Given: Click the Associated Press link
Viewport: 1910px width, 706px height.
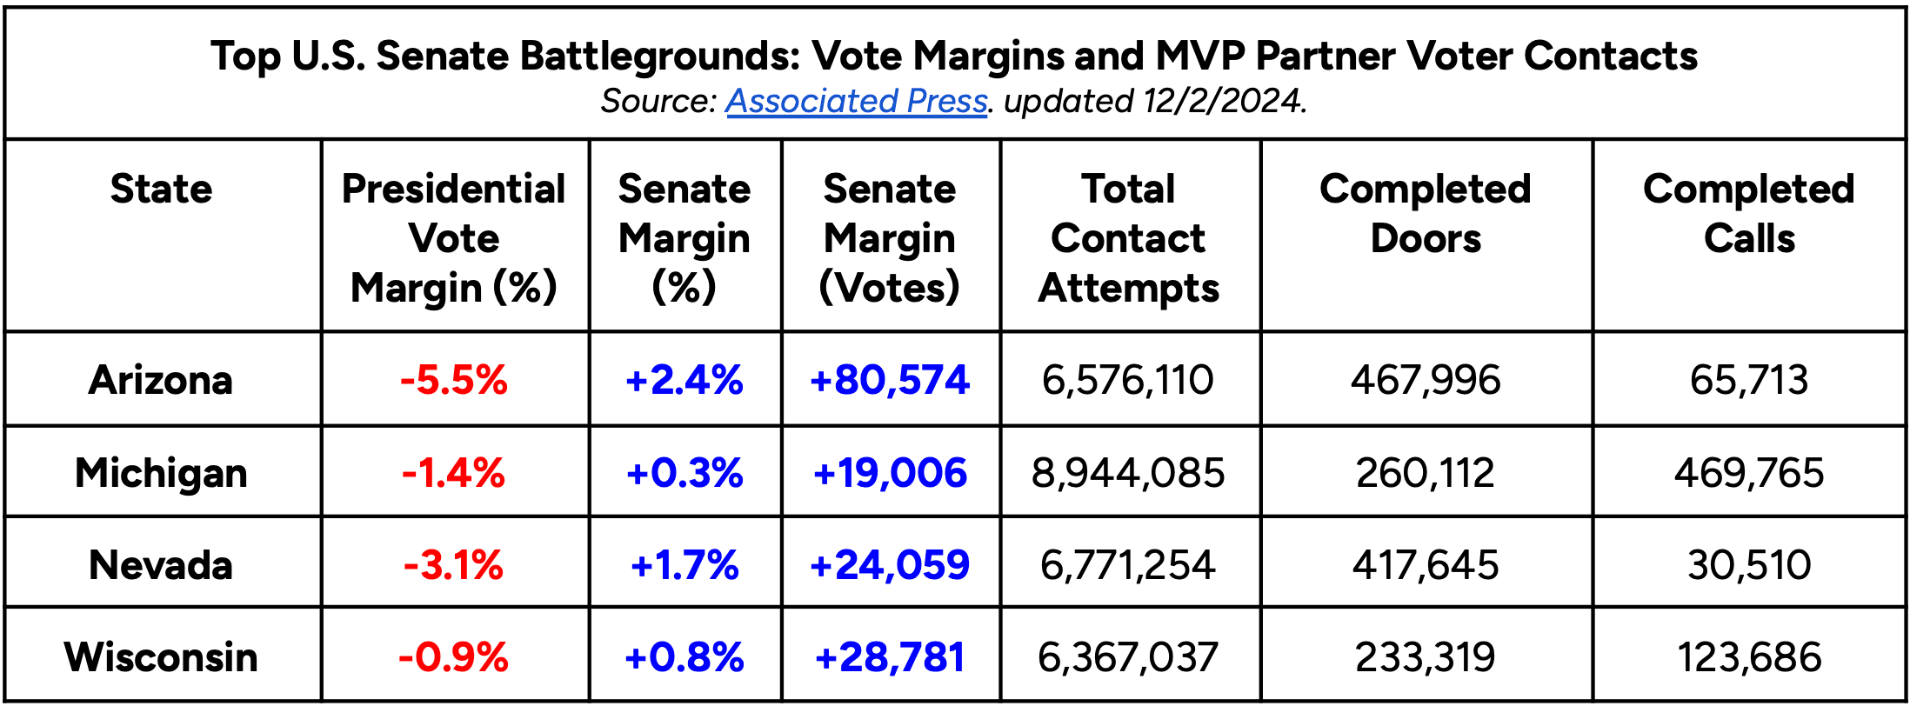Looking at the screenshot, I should click(856, 101).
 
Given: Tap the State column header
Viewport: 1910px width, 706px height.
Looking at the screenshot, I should click(162, 189).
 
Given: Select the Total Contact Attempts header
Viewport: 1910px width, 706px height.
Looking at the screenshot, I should click(1129, 237).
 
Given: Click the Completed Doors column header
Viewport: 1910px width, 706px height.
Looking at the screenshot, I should click(1425, 213).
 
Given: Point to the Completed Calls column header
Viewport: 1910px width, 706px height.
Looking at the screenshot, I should click(1748, 213).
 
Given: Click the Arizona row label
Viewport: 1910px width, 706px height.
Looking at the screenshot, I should click(161, 380).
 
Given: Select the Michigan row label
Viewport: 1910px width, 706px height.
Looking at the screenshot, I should click(161, 473).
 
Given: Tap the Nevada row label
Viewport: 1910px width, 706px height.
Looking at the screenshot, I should click(161, 565).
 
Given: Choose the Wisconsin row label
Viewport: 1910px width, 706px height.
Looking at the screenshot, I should click(161, 656).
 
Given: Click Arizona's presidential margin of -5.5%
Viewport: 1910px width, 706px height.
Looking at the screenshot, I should click(453, 380).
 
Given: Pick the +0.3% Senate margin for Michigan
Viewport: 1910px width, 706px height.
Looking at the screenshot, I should click(685, 473).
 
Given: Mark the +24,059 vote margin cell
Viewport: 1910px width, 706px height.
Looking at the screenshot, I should click(889, 565).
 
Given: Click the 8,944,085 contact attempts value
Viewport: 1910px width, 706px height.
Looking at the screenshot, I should click(1128, 473).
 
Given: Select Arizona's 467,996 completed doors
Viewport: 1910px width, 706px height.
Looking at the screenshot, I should click(1426, 380).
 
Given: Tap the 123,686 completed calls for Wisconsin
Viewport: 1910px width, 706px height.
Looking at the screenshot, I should click(1748, 656).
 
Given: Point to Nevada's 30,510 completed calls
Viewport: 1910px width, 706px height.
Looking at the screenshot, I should click(1748, 565).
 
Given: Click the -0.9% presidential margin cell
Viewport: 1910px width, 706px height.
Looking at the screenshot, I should click(453, 656).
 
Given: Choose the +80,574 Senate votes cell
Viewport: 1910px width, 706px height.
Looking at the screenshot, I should click(889, 380).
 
